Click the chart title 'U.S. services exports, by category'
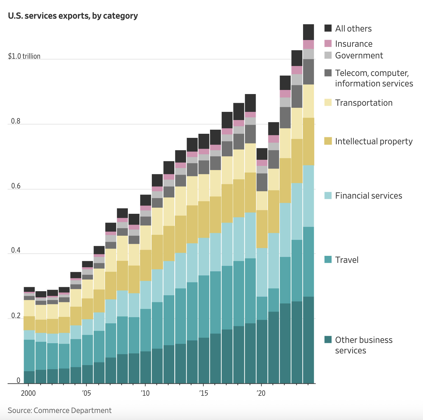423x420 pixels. tap(73, 16)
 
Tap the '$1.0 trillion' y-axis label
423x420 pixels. tap(24, 56)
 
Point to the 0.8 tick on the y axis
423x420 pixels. tap(13, 121)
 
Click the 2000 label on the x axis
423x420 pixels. tap(28, 393)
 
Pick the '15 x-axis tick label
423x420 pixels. tap(203, 393)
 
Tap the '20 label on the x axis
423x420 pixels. tap(261, 393)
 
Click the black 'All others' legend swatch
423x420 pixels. tap(328, 28)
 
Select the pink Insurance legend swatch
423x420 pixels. tap(328, 44)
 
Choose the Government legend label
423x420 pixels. tap(359, 55)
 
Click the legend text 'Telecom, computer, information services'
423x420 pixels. tap(374, 78)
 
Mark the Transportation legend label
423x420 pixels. tap(364, 103)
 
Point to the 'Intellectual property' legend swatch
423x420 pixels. tap(328, 141)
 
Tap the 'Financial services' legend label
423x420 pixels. tap(369, 196)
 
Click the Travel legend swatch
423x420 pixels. tap(328, 260)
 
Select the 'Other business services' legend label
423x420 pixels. tap(364, 345)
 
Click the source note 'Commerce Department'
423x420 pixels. tap(73, 410)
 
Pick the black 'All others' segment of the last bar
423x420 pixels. tap(308, 32)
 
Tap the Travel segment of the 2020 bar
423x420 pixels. tap(262, 308)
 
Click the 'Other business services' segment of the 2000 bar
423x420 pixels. tap(29, 377)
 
